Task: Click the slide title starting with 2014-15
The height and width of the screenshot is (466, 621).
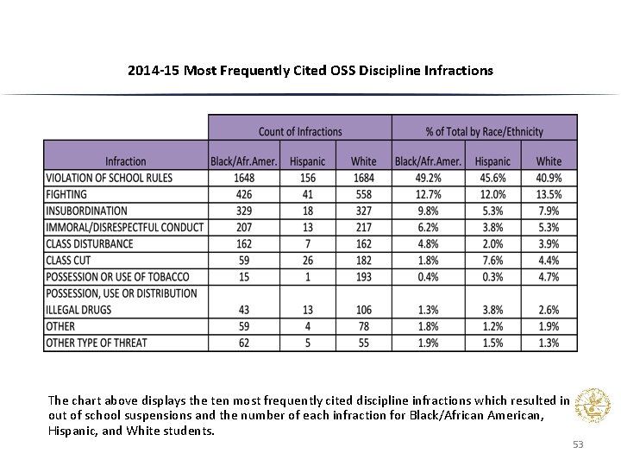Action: pos(310,70)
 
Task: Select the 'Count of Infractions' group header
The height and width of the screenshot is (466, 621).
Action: pos(299,131)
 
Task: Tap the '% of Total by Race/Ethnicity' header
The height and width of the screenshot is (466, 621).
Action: pos(484,131)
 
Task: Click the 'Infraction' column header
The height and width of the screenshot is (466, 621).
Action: pos(126,161)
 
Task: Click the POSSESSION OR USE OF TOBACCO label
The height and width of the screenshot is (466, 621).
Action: pos(117,276)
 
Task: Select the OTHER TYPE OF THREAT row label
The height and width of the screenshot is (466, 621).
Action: pos(97,343)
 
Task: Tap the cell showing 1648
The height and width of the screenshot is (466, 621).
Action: pos(245,178)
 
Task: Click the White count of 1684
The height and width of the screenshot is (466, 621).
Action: pos(363,178)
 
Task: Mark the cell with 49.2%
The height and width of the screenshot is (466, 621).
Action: pos(429,178)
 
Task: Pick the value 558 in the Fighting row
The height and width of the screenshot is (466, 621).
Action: pos(363,194)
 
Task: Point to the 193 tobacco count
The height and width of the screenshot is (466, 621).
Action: pos(363,276)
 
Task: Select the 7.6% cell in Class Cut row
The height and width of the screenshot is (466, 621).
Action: pos(492,260)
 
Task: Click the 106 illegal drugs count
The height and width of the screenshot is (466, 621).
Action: pos(363,310)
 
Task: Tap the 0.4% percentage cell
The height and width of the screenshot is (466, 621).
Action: pos(429,276)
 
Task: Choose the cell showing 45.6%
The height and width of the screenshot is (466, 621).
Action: pos(492,178)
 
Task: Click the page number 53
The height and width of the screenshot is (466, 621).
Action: pos(578,444)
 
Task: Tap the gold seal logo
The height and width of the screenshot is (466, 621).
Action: pos(593,405)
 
